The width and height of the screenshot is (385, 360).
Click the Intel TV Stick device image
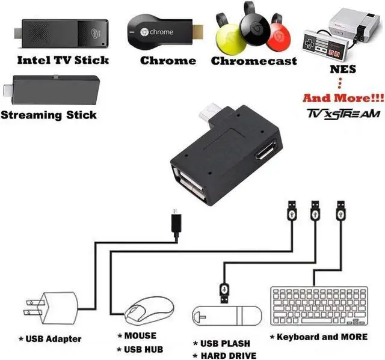[64, 32]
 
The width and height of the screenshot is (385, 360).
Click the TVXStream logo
[343, 114]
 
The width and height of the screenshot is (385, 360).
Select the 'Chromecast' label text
[253, 61]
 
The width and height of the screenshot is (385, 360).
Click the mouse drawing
[148, 309]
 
